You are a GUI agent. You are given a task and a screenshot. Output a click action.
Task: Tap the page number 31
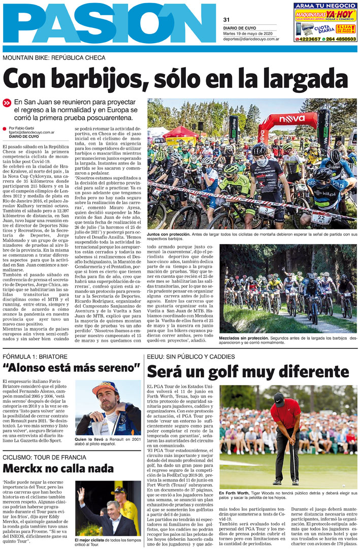[x=226, y=20]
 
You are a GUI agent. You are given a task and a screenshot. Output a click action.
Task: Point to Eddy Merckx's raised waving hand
[x=81, y=494]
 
